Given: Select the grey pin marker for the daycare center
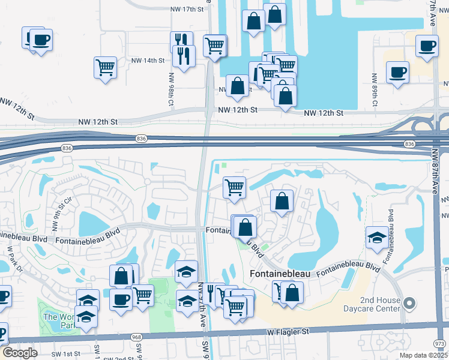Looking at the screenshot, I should (411, 304).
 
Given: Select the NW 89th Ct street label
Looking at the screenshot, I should (374, 90).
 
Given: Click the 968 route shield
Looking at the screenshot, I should (134, 338).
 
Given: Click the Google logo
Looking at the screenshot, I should (20, 353).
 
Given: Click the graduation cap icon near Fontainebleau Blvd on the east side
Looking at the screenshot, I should (376, 237).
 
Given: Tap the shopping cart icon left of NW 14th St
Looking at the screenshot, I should (105, 67).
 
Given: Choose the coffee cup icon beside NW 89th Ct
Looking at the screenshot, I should (397, 73).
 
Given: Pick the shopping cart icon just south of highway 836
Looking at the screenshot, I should (234, 187).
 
